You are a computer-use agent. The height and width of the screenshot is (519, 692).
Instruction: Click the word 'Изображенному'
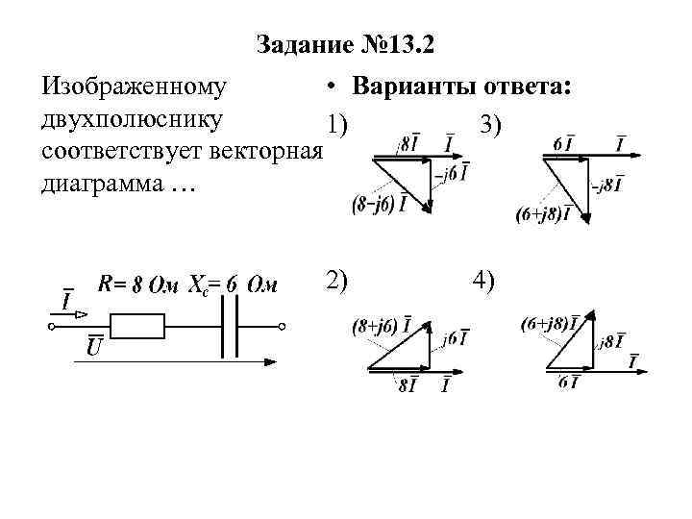135,87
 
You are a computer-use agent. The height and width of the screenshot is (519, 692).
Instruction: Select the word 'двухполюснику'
134,119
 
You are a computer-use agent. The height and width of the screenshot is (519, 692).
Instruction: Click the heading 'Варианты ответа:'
461,87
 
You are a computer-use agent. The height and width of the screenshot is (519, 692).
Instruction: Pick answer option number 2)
337,281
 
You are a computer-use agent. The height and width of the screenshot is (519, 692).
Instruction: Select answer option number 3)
489,125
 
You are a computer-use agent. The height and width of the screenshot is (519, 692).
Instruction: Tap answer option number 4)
483,281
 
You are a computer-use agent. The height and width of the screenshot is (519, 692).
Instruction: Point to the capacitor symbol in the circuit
231,327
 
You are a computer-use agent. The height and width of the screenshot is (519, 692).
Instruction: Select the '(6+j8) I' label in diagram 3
542,214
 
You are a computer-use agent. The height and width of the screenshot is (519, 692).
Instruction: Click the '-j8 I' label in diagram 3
607,185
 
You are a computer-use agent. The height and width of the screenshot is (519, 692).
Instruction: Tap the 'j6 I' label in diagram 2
457,338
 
